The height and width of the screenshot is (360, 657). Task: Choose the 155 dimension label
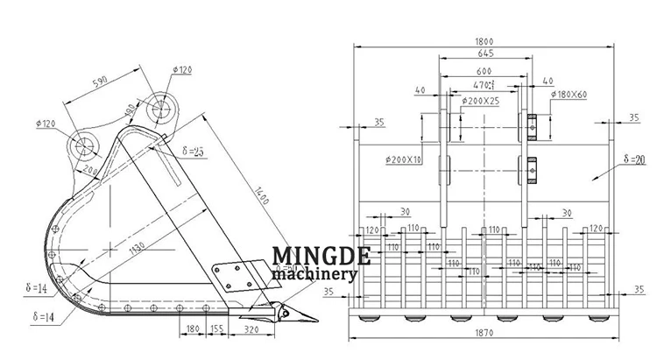tap(216, 330)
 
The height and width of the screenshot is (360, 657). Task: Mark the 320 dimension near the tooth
tap(252, 330)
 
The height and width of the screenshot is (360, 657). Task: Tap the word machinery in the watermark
tap(314, 274)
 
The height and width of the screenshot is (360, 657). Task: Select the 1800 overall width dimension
tap(484, 40)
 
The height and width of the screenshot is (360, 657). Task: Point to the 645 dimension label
tap(484, 55)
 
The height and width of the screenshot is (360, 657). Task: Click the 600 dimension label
tap(483, 71)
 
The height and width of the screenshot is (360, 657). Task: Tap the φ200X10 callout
tap(403, 159)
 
